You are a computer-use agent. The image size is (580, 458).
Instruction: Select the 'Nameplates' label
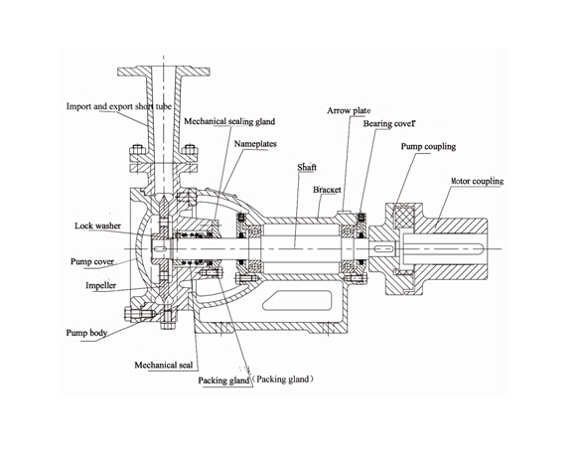coord(255,145)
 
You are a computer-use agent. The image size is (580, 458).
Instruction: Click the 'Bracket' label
coord(327,188)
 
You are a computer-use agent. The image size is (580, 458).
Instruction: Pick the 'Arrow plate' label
coord(349,111)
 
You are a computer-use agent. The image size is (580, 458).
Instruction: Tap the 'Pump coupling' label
coord(428,147)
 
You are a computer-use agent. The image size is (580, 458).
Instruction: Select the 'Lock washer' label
coord(97,226)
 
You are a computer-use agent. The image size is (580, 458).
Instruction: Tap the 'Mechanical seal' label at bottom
coord(163,365)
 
